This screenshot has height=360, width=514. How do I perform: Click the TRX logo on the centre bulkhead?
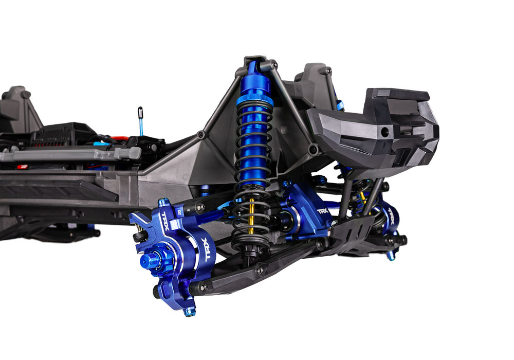[x=322, y=211]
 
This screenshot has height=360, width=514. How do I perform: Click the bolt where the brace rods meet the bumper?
[x=313, y=150]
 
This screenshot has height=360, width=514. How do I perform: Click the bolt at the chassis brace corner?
[x=201, y=134]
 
